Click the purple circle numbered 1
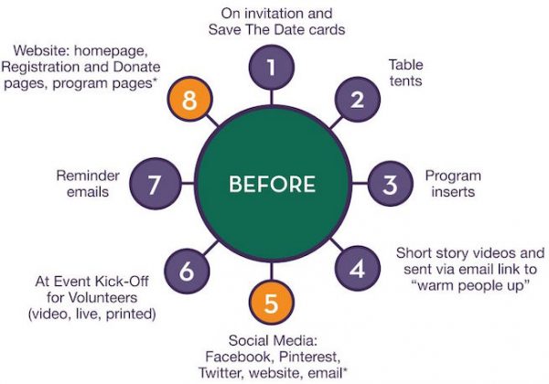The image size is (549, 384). click(272, 68)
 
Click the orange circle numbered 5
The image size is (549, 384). click(272, 301)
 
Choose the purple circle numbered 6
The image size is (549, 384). click(187, 270)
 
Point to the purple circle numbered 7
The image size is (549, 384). click(156, 185)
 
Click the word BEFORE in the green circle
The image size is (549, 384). click(271, 185)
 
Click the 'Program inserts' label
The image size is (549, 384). click(452, 184)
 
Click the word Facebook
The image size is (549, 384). click(237, 355)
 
